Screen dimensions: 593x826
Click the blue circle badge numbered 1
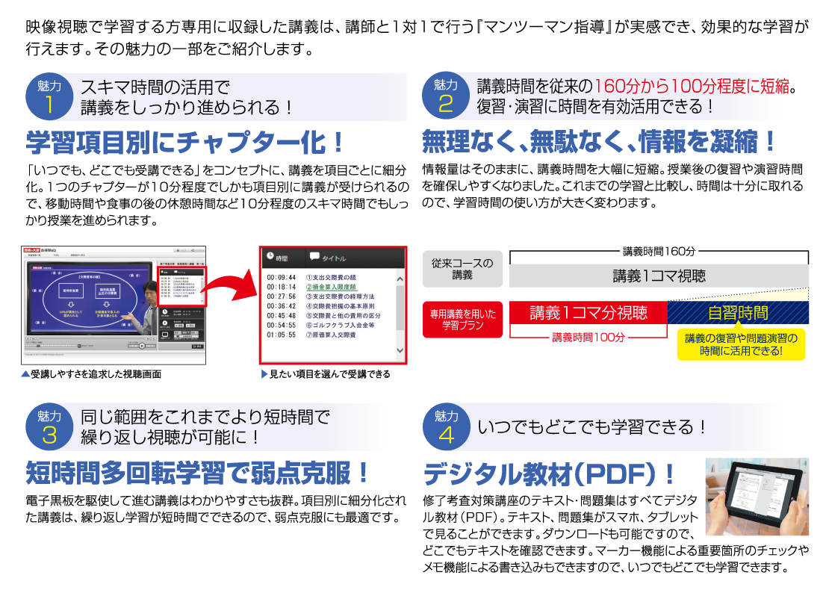(49, 97)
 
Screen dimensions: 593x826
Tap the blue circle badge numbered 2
(446, 97)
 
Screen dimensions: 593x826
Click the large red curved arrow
(232, 284)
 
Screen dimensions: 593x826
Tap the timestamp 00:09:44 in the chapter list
(282, 277)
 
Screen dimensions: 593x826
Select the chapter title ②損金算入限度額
(332, 287)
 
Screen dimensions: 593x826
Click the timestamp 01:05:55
(282, 335)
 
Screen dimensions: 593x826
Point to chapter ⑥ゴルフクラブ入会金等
(340, 326)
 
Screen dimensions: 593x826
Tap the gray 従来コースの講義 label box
(462, 269)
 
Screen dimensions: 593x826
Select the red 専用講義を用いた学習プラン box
(462, 320)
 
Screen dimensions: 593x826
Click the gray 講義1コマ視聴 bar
(659, 276)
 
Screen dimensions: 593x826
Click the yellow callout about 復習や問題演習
(741, 344)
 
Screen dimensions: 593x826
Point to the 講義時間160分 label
(659, 252)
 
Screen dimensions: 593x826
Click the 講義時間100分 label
(588, 338)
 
